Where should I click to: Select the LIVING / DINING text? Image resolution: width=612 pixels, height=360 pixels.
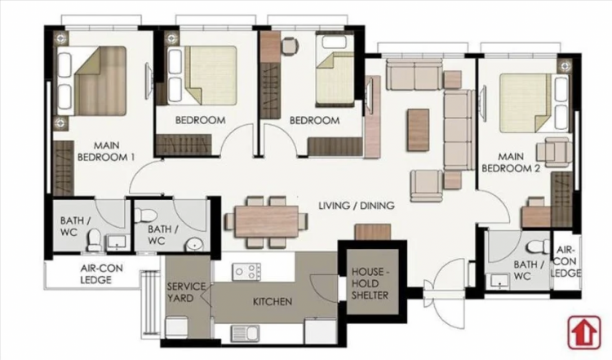click(x=357, y=207)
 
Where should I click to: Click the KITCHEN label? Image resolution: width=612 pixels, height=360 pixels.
click(x=273, y=301)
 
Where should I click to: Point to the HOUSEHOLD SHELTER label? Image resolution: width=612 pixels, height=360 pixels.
click(x=370, y=282)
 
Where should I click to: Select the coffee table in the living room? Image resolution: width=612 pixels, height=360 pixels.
click(x=418, y=129)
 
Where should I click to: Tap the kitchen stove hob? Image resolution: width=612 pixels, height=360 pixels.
click(x=246, y=269)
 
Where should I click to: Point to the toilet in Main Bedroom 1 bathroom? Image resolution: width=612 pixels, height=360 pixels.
click(x=94, y=238)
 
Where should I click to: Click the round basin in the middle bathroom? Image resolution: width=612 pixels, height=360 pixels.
click(x=193, y=245)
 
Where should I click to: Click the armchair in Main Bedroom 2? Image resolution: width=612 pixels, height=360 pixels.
click(x=556, y=151)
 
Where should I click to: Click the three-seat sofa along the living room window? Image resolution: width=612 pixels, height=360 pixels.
click(x=414, y=76)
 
